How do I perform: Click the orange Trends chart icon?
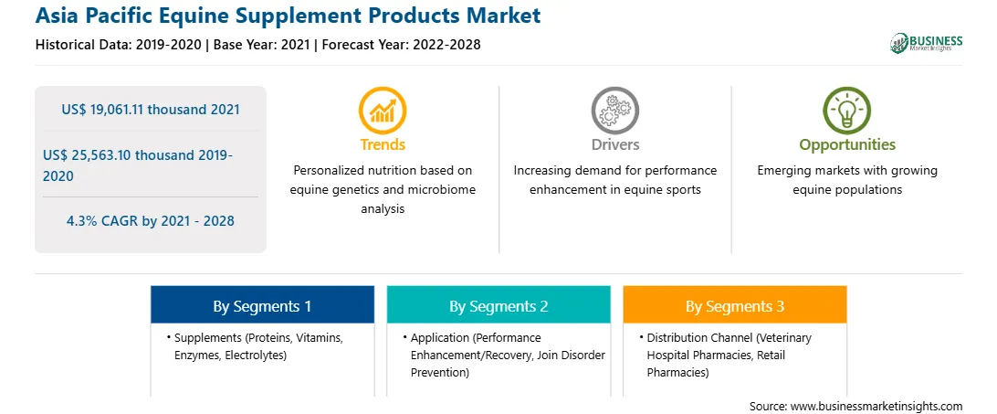tap(383, 111)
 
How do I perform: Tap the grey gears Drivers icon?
tap(614, 111)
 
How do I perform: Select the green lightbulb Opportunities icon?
tap(847, 111)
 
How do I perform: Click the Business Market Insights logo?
tap(927, 42)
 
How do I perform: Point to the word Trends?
tap(383, 144)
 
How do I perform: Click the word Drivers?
tap(614, 144)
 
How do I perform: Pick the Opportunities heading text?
tap(847, 145)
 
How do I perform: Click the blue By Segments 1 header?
tap(262, 306)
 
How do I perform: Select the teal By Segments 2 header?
tap(498, 306)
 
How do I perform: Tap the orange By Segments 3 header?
tap(734, 306)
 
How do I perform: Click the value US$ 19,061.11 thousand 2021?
tap(151, 110)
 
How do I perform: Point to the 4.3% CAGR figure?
tap(151, 221)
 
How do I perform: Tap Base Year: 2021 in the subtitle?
tap(261, 45)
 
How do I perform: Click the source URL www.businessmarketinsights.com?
tap(876, 406)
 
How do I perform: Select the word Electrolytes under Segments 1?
tap(257, 356)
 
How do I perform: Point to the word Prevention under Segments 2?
tap(440, 372)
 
